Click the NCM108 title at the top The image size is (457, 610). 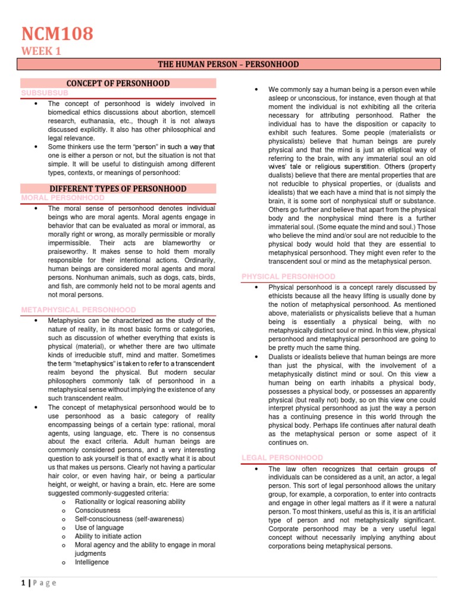pos(57,34)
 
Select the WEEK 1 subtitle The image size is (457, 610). pos(41,51)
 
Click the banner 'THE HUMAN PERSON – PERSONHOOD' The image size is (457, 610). pos(228,64)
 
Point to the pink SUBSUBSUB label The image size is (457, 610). pos(45,94)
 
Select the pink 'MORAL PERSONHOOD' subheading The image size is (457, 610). pos(62,197)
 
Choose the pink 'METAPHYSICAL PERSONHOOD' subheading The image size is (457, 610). pos(78,310)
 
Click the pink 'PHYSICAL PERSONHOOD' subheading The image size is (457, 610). pos(288,276)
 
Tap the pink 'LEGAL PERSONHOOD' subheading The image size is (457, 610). pos(282,457)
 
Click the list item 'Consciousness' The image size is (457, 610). pos(98,511)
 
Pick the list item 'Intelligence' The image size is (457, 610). pos(92,562)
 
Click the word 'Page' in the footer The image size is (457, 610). pos(46,583)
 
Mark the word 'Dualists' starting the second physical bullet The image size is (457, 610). pos(283,357)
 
